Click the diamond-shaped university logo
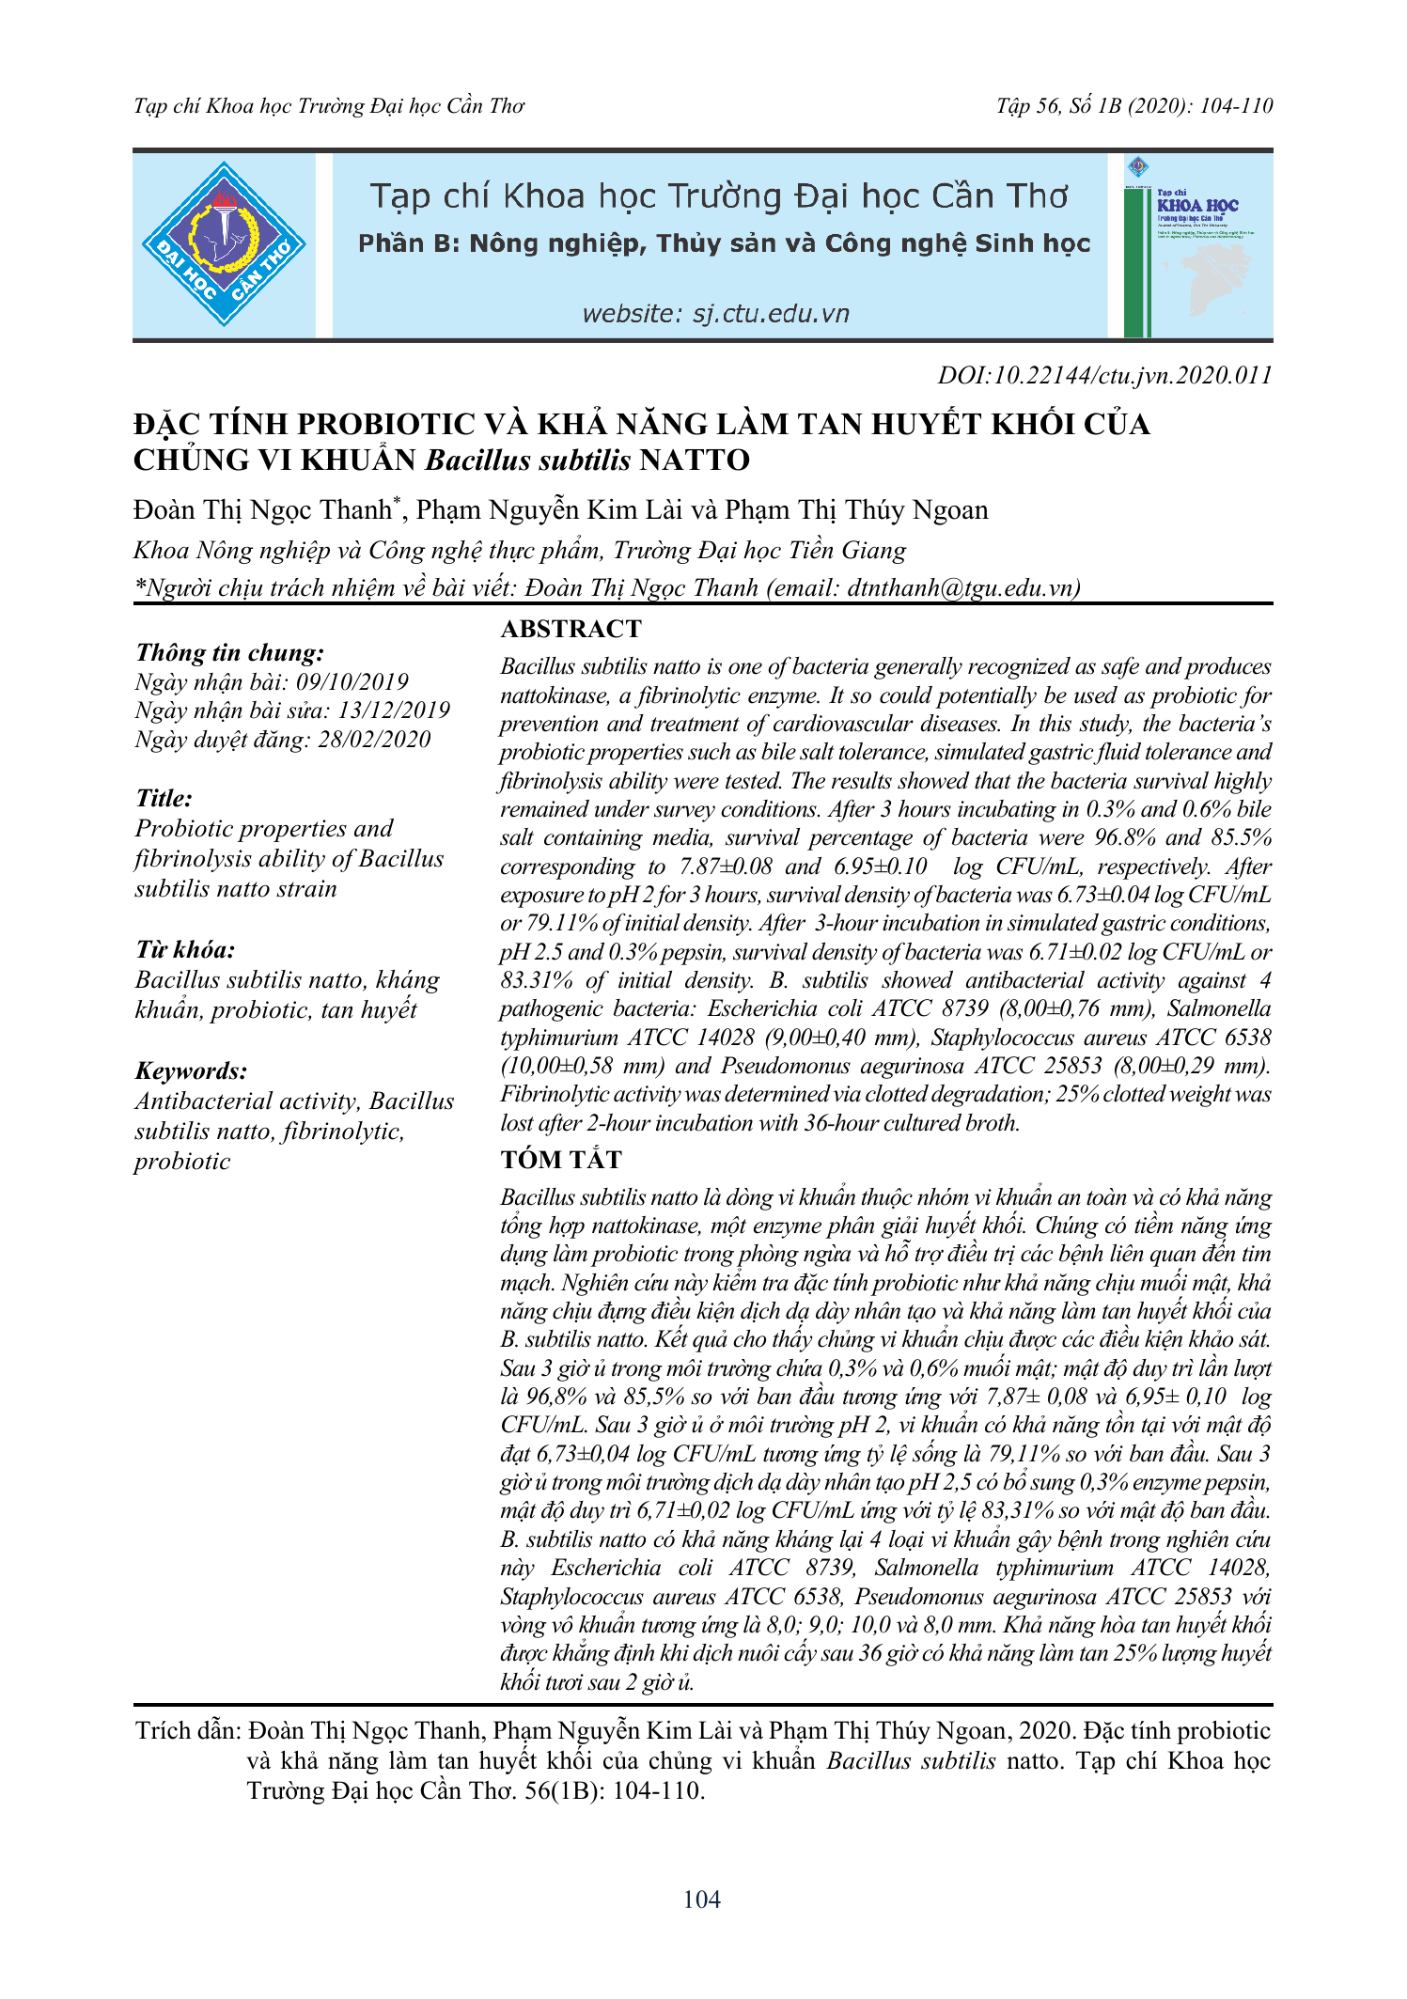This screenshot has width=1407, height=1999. coord(224,244)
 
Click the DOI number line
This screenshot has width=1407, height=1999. coord(1104,376)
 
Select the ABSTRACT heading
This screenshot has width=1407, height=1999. coord(571,629)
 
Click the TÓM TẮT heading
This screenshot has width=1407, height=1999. coord(561,1160)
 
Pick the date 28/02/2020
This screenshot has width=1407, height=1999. coord(374,740)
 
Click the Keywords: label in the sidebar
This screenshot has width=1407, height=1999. coord(192,1070)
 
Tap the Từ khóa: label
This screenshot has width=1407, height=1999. coord(185,949)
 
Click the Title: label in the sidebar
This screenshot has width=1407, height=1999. coord(164,798)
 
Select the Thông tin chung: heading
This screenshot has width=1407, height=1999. coord(230,652)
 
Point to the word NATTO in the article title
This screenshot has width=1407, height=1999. coord(695,461)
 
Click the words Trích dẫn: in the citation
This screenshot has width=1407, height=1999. coord(189,1731)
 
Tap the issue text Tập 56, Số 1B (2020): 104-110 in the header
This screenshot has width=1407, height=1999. coord(1134,105)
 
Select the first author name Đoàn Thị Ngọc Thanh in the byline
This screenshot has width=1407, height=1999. coord(262,510)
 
